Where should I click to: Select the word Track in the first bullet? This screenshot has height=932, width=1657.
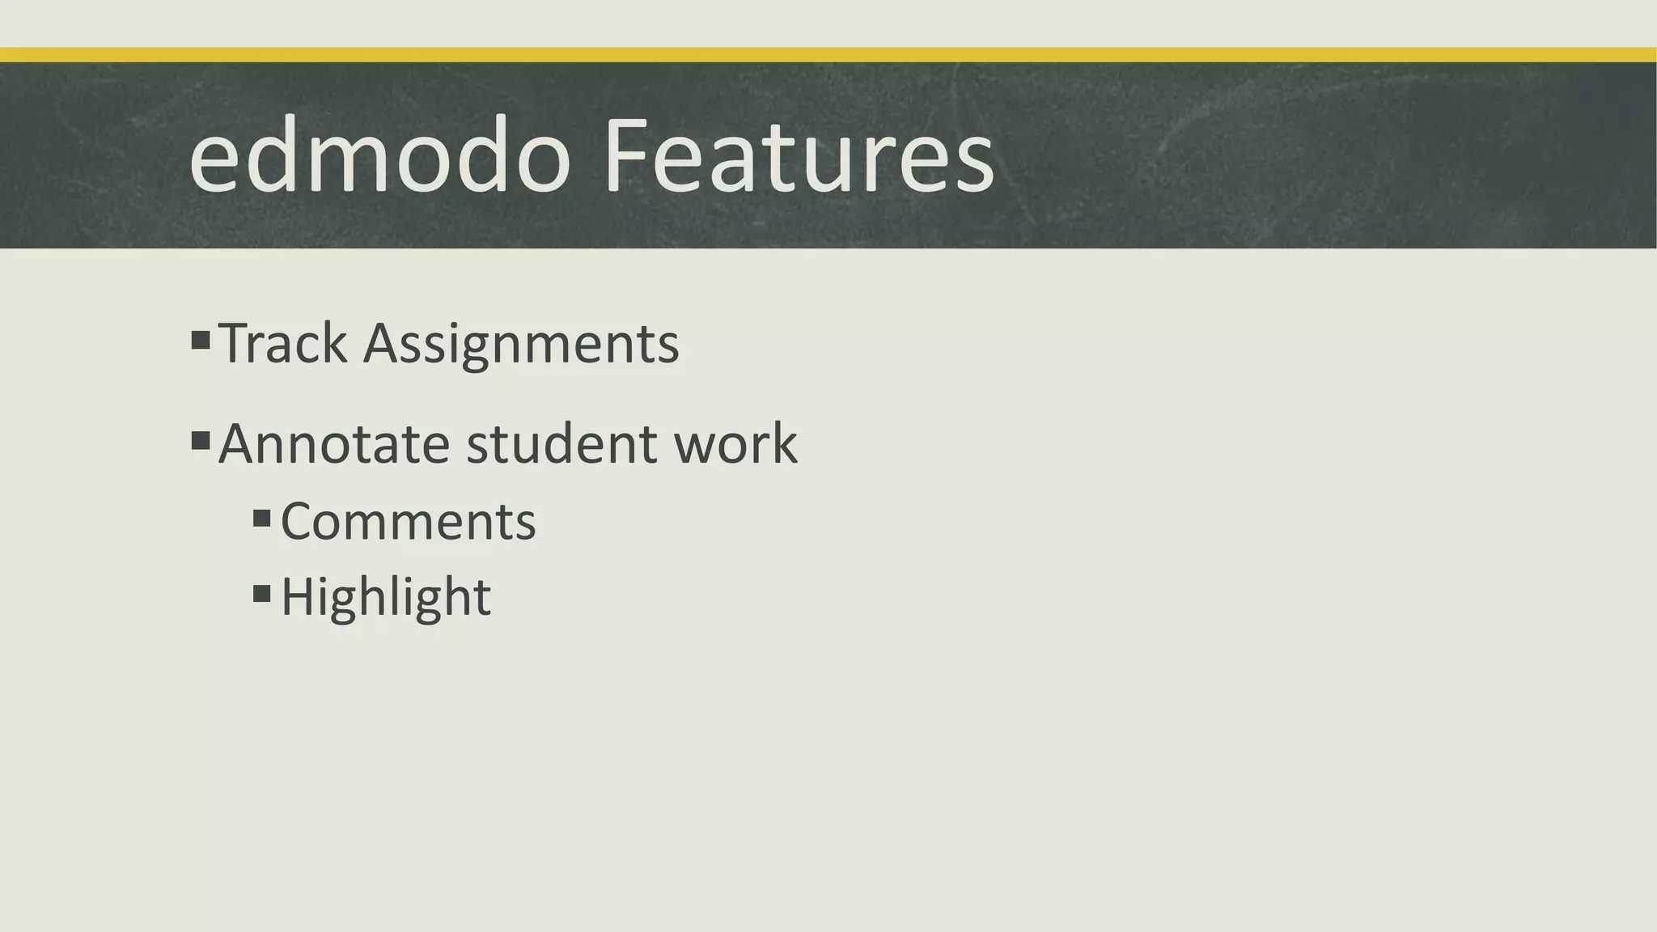[283, 344]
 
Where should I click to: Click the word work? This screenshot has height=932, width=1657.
[735, 444]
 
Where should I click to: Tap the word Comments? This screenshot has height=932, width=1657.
[408, 522]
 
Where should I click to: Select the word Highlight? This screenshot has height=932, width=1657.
[386, 598]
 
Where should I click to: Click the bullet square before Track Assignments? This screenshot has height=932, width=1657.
[201, 340]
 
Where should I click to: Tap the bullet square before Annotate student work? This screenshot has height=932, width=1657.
[201, 441]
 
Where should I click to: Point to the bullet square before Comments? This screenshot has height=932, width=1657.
[261, 518]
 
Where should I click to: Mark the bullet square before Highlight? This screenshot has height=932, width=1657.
[261, 594]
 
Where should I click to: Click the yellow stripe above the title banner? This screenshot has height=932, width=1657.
[828, 55]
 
